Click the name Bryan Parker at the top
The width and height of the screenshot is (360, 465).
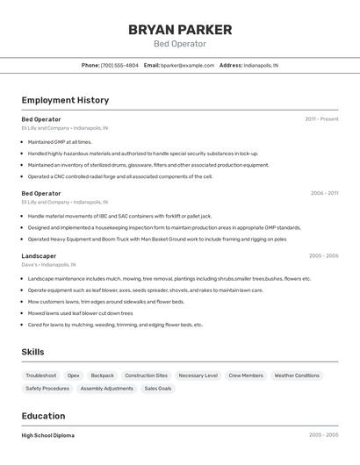click(180, 30)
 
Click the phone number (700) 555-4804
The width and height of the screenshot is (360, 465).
click(119, 65)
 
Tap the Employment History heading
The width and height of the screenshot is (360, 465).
click(65, 100)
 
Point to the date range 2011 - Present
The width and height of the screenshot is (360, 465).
click(321, 119)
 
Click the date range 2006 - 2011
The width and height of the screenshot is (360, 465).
click(324, 193)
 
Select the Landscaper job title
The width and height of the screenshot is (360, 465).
click(39, 256)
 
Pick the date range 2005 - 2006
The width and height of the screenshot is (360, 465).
click(323, 256)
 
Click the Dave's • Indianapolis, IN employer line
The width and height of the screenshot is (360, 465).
click(48, 264)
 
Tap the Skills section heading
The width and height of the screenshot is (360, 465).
click(32, 352)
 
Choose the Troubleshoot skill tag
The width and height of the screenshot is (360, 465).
click(41, 376)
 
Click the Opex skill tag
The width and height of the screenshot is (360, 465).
click(74, 376)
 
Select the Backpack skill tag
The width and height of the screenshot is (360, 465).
click(103, 376)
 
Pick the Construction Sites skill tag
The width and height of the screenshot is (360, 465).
click(146, 376)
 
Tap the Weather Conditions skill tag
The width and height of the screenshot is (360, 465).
click(297, 376)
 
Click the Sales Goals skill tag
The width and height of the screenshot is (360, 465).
click(158, 388)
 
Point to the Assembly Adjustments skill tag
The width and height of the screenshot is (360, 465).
click(107, 388)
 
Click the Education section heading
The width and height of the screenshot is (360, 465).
click(43, 416)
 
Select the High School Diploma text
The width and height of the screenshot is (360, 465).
click(47, 435)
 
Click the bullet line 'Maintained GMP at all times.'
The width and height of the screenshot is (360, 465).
click(60, 141)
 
